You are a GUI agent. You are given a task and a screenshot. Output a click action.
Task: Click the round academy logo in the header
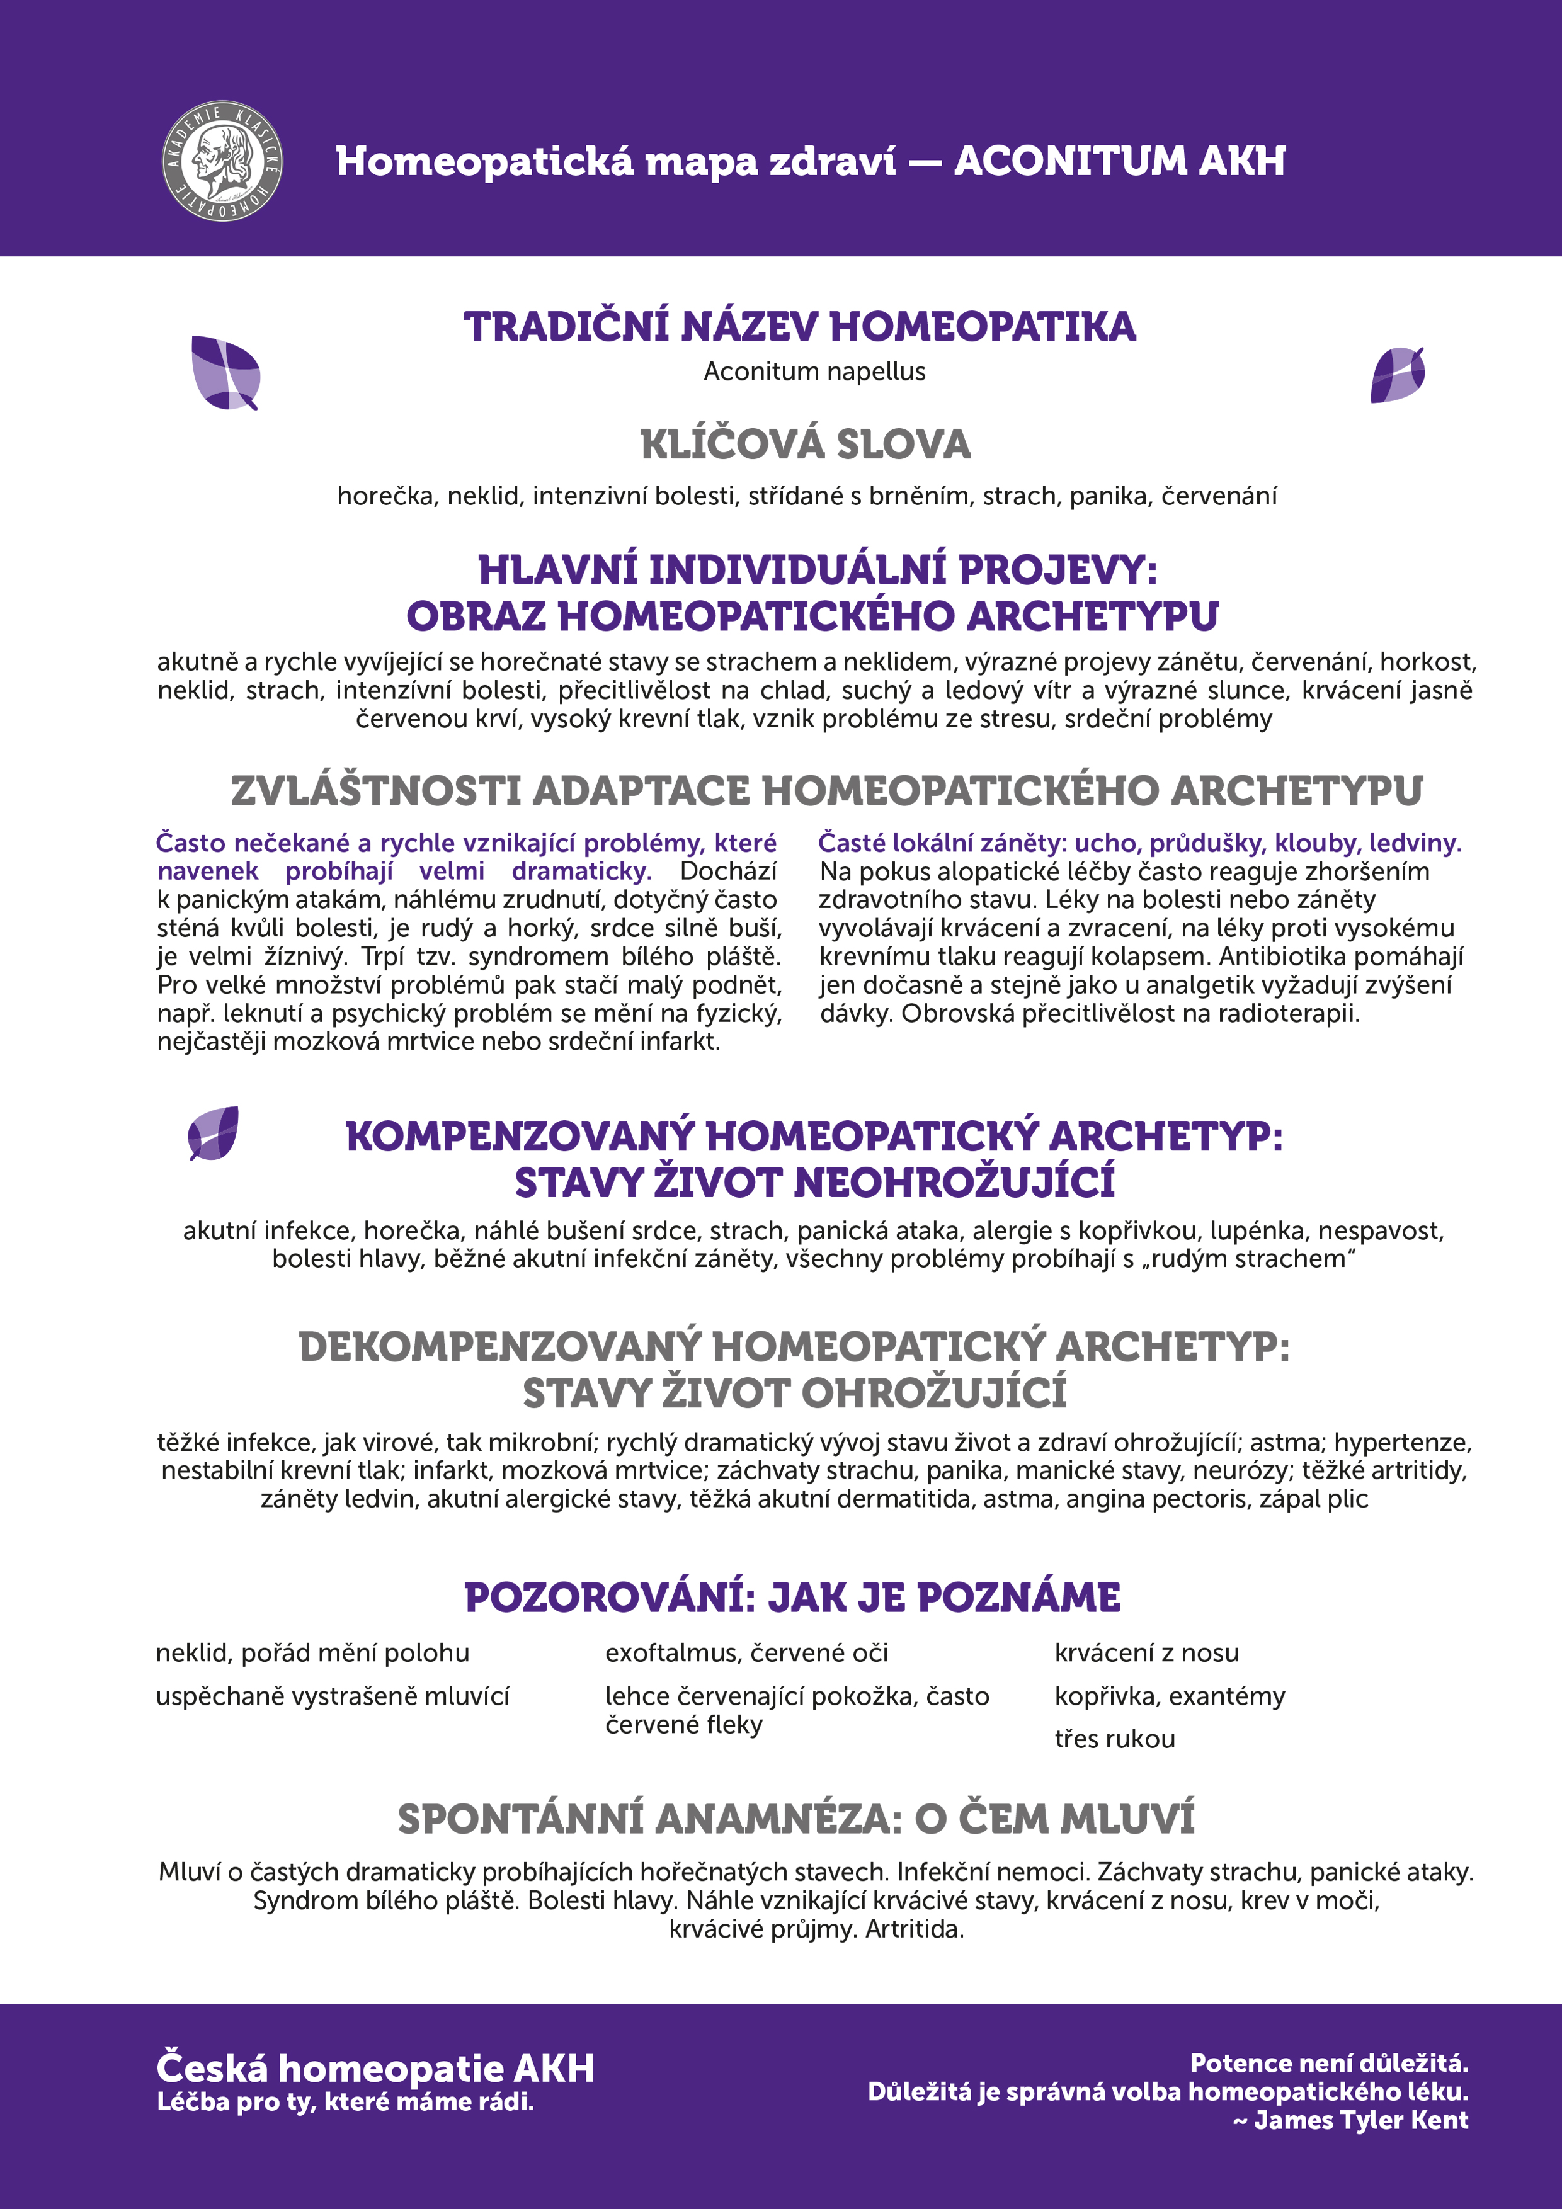point(222,161)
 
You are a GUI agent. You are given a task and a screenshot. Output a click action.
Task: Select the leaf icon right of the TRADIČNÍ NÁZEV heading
point(1398,375)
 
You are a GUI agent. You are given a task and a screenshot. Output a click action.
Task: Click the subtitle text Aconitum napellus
point(814,372)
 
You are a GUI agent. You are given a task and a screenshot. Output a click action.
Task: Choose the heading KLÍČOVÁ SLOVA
point(806,445)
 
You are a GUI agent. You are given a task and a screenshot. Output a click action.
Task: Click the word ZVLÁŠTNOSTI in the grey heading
point(375,791)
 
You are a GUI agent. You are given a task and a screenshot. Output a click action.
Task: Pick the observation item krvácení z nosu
point(1146,1653)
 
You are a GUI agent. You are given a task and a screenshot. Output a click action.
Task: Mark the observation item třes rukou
point(1114,1739)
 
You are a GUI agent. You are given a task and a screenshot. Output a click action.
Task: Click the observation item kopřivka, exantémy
point(1170,1696)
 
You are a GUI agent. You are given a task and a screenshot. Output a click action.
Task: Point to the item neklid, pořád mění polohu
point(313,1653)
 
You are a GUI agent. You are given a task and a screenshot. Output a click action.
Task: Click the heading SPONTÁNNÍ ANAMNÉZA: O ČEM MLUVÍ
point(796,1819)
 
